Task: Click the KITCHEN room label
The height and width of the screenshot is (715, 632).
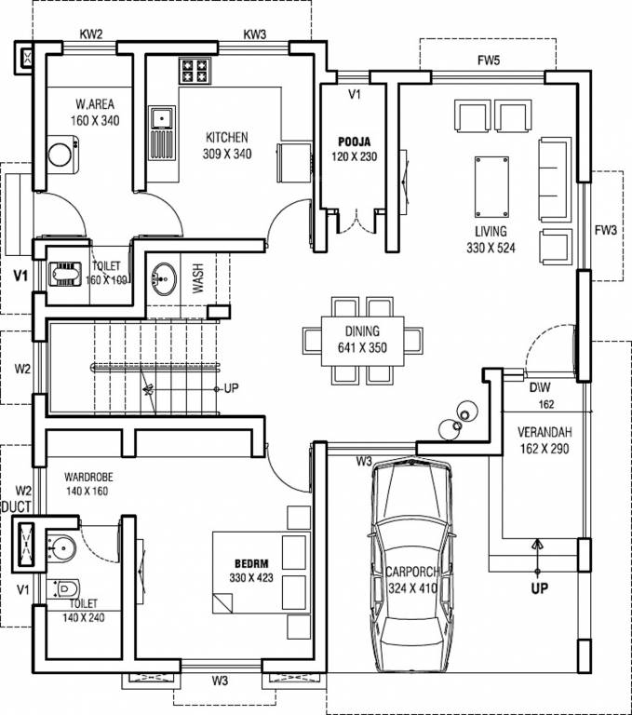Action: click(x=227, y=137)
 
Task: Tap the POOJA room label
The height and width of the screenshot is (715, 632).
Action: click(x=356, y=141)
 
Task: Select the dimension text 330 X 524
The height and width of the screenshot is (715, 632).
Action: click(x=491, y=248)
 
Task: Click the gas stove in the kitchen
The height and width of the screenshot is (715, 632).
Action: click(x=194, y=71)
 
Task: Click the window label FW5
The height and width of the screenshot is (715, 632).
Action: click(x=489, y=61)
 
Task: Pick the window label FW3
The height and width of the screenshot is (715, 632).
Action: click(x=606, y=230)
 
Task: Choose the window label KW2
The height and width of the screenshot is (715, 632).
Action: click(x=91, y=34)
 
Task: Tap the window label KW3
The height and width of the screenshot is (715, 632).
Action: click(x=254, y=34)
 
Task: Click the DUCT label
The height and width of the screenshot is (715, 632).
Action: click(x=16, y=506)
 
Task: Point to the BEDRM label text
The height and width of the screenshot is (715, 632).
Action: click(x=251, y=564)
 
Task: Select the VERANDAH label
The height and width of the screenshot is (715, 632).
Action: click(x=545, y=432)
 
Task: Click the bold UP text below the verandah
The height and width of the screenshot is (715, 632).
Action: click(x=539, y=588)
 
